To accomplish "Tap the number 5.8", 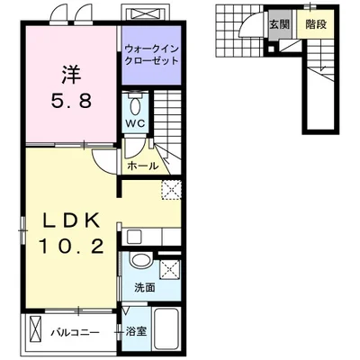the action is pyautogui.click(x=71, y=101).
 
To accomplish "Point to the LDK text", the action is pyautogui.click(x=71, y=221).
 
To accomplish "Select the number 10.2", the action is pyautogui.click(x=71, y=247).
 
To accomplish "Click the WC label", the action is pyautogui.click(x=135, y=123).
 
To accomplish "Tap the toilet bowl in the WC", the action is pyautogui.click(x=136, y=105).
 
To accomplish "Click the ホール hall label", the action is pyautogui.click(x=142, y=166).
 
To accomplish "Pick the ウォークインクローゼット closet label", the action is pyautogui.click(x=151, y=55).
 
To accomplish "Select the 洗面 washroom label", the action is pyautogui.click(x=145, y=287).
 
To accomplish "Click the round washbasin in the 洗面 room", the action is pyautogui.click(x=141, y=260).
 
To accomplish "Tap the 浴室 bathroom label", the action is pyautogui.click(x=136, y=331).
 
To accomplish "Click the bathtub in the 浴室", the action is pyautogui.click(x=166, y=328).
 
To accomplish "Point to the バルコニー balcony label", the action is pyautogui.click(x=75, y=333).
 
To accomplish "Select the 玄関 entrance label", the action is pyautogui.click(x=279, y=24).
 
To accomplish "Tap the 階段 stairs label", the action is pyautogui.click(x=316, y=24).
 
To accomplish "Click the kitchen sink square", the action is pyautogui.click(x=134, y=237).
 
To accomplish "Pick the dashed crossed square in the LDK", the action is pyautogui.click(x=172, y=190).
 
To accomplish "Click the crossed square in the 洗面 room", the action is pyautogui.click(x=170, y=270).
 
